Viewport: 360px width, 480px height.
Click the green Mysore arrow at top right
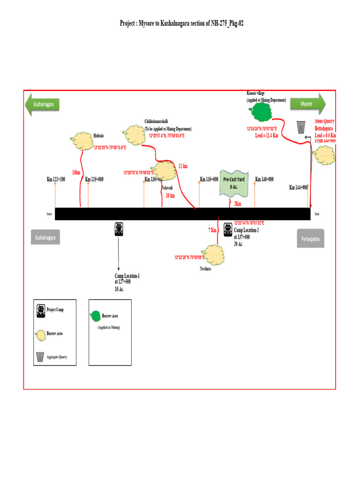click(x=307, y=104)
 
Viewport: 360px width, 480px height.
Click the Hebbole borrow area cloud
click(x=81, y=140)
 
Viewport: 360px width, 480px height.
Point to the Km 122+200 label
click(x=56, y=179)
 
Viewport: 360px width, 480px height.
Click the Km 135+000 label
click(x=209, y=179)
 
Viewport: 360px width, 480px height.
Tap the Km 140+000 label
click(x=264, y=179)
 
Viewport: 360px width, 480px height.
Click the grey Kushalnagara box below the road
click(x=46, y=238)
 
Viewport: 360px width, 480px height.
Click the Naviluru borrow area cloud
click(x=212, y=255)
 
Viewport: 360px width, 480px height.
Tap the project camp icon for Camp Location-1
click(x=119, y=229)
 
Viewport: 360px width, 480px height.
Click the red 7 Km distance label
click(x=212, y=230)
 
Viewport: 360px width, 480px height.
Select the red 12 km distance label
click(x=183, y=166)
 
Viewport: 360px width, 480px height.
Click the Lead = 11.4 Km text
click(x=267, y=135)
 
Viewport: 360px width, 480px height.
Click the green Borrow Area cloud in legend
click(x=95, y=315)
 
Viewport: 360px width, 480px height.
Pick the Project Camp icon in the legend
click(x=41, y=310)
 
